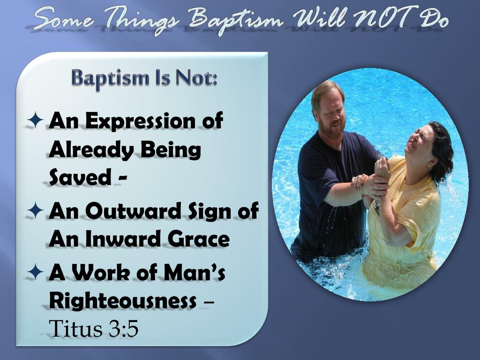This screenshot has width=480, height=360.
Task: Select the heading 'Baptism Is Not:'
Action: tap(145, 77)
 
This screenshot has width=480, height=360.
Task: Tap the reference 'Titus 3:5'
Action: tap(94, 329)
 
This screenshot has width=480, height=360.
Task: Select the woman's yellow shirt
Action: tap(403, 234)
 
